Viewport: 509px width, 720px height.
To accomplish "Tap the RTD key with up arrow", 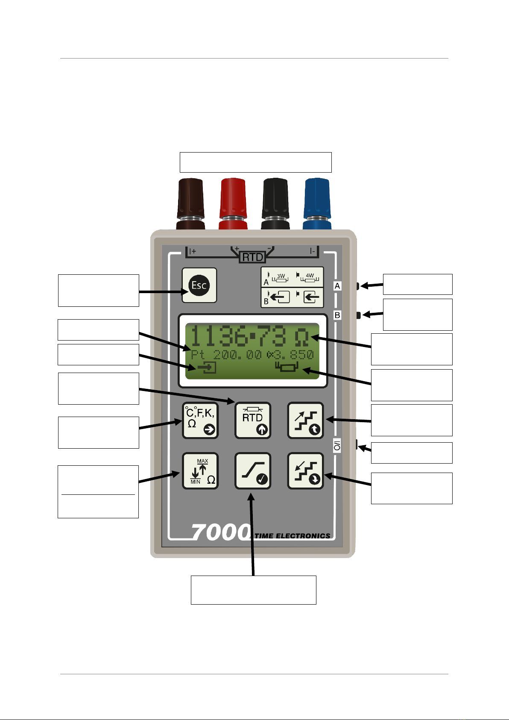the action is click(x=253, y=420).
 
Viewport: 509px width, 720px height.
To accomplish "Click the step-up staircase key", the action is click(x=305, y=420).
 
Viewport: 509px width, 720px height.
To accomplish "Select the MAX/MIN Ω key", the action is click(x=200, y=470).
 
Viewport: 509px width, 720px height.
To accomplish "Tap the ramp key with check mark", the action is click(x=253, y=470).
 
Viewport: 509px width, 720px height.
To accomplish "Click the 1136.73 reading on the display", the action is click(x=238, y=336).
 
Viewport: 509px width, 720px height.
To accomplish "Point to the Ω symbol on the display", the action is click(x=301, y=337).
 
